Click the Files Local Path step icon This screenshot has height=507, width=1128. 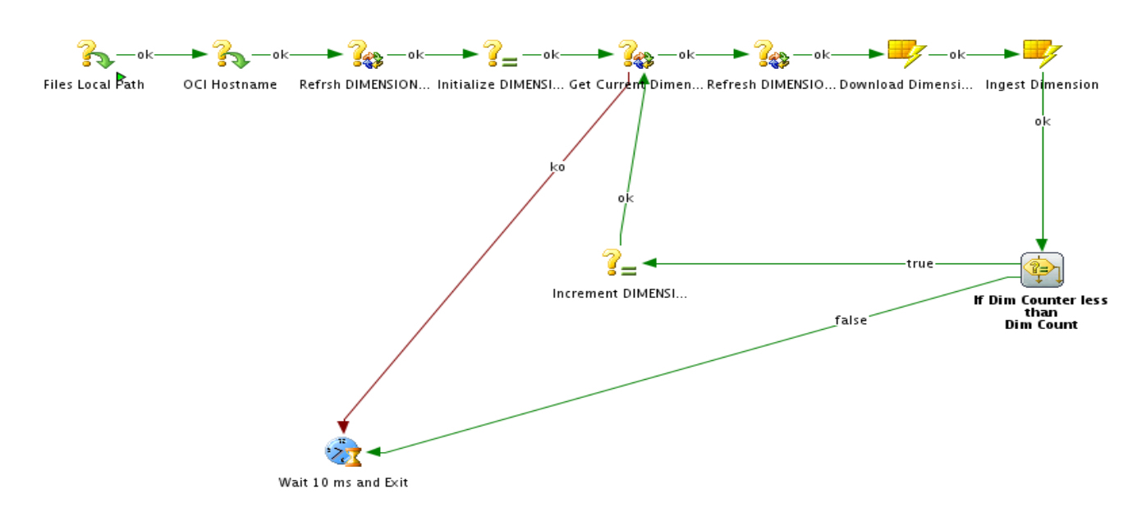[x=96, y=55]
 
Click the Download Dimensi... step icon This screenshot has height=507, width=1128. [x=906, y=55]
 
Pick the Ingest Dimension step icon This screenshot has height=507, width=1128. [x=1042, y=55]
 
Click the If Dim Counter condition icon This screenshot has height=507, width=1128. [x=1042, y=269]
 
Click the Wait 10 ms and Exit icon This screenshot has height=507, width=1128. [x=343, y=452]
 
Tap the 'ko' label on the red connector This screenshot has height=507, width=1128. [x=557, y=167]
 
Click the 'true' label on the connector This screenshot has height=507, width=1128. [x=919, y=263]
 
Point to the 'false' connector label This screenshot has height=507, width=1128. [x=851, y=321]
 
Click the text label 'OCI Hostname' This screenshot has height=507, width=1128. [x=230, y=84]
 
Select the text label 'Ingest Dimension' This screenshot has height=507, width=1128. [x=1042, y=84]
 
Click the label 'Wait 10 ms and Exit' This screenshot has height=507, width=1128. [x=343, y=482]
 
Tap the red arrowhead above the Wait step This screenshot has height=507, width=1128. [x=343, y=427]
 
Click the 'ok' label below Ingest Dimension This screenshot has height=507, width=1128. [x=1043, y=121]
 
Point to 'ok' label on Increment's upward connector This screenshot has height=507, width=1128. [x=626, y=199]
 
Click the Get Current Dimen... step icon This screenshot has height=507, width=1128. [x=635, y=55]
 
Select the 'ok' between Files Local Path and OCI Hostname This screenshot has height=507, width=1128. [x=144, y=55]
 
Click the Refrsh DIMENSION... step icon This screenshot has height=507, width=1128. [x=365, y=55]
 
